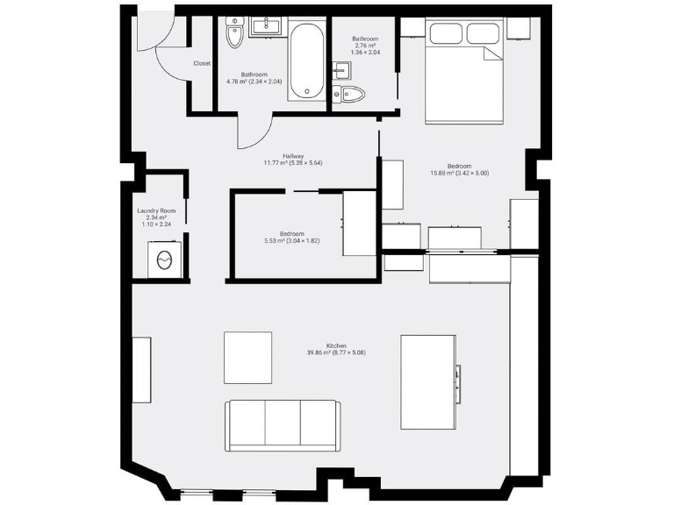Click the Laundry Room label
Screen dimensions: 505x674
point(156,210)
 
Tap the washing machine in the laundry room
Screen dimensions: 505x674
point(164,260)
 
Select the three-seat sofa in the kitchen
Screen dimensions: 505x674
point(282,425)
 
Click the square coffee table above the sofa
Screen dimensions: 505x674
point(247,357)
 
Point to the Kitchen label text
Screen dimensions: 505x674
point(336,345)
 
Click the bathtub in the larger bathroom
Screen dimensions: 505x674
point(306,60)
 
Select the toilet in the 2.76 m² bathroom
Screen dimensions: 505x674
point(354,95)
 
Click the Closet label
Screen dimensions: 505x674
point(202,63)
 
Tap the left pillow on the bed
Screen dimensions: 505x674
point(447,34)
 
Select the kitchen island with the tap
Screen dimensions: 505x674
point(428,381)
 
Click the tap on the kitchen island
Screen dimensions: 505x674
point(456,381)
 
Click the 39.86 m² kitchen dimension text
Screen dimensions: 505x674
point(336,352)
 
